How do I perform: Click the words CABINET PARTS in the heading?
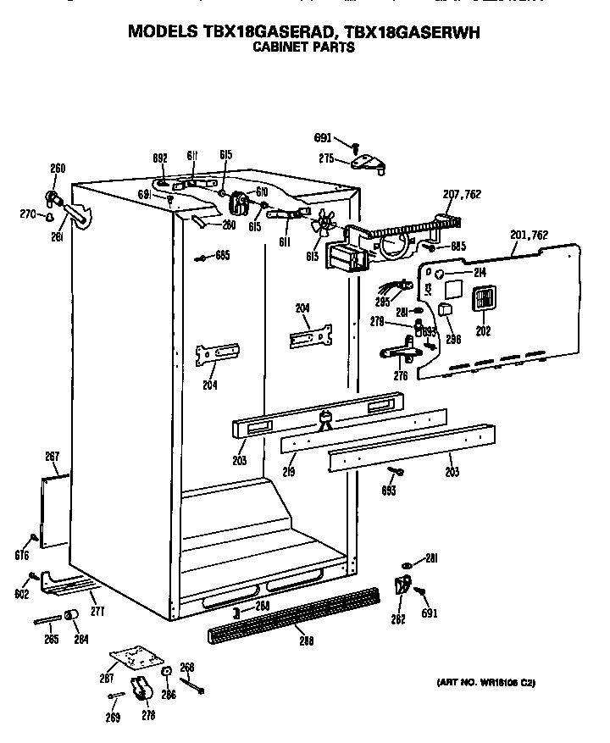304,48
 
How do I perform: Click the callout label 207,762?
462,194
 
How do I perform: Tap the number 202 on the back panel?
483,331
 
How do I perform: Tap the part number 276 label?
401,376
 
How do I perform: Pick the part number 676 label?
22,556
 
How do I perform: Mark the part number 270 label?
29,215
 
